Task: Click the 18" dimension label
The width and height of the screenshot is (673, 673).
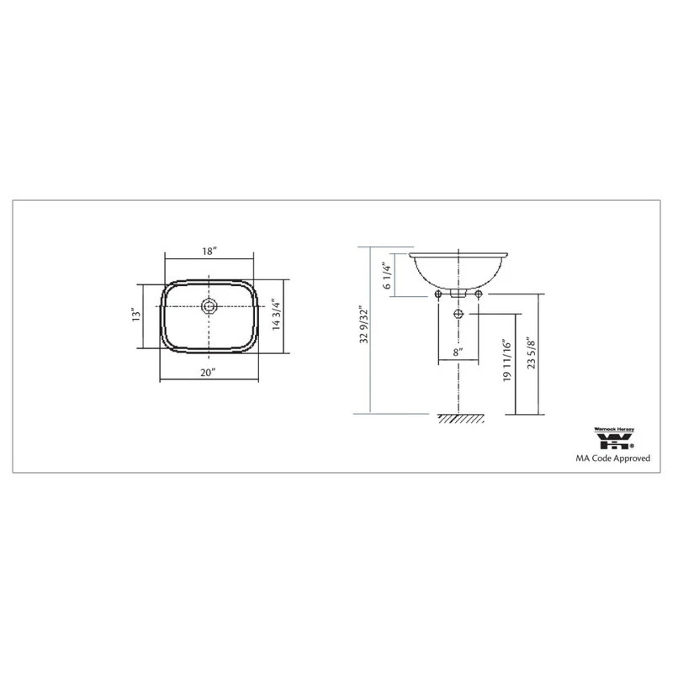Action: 209,252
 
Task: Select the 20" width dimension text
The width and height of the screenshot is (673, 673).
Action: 209,371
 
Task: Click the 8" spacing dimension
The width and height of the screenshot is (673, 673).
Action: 458,354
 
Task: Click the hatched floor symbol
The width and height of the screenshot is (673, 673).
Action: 458,418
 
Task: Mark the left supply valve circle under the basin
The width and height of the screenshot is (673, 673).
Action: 439,294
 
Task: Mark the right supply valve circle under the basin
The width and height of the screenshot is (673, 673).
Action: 479,294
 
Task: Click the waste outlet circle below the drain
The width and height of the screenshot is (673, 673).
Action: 458,314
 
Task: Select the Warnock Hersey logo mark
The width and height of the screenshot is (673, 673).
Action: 618,443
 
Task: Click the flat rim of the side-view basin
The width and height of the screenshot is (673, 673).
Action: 458,254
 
